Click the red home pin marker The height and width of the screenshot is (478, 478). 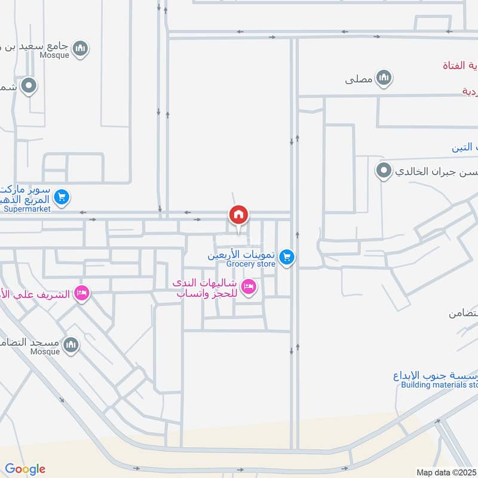pos(238,215)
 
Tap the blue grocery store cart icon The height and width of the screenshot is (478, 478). pos(287,258)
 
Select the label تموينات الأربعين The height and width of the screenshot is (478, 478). pos(241,254)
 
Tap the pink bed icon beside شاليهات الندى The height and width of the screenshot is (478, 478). pos(250,287)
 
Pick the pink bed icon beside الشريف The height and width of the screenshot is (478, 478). pos(82,293)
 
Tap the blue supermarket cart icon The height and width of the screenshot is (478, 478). pos(62,197)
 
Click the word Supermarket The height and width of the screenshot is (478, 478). pos(26,209)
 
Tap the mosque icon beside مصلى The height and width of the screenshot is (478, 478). pos(384,78)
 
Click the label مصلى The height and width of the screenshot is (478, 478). pos(358,78)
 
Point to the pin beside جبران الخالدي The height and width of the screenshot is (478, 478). pos(383,171)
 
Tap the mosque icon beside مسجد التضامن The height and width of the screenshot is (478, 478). pos(71,345)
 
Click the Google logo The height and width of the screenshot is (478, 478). pos(25,469)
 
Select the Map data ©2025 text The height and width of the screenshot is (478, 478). pos(445,472)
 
